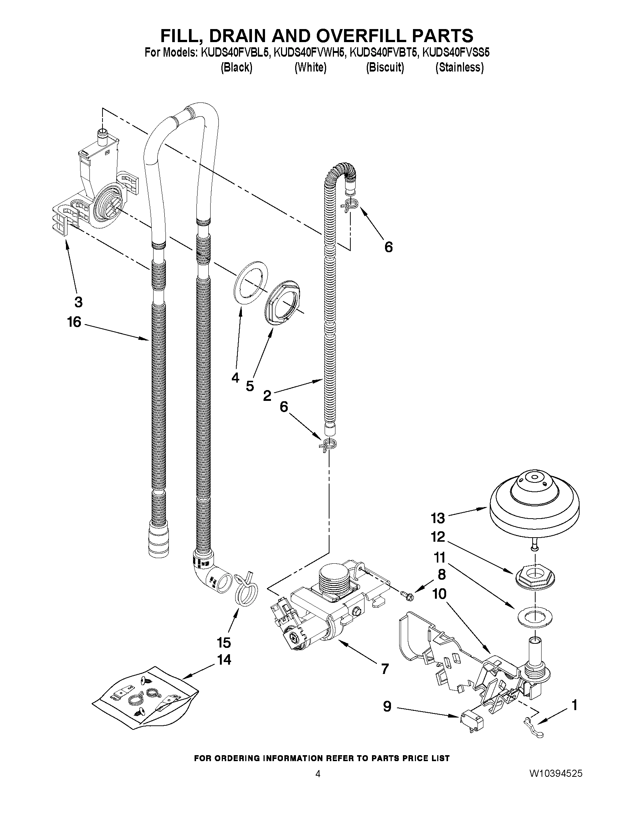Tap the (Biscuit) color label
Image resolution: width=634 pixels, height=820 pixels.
[385, 67]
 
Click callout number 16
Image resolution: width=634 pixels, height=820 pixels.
[74, 322]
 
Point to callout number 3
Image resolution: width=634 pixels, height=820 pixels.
[78, 301]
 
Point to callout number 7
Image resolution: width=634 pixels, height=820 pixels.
[384, 669]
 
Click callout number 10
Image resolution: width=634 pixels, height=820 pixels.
[439, 593]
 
